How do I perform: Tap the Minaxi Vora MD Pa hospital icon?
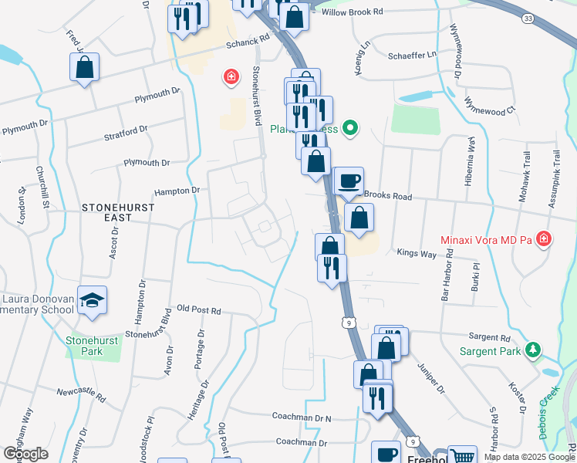click(x=545, y=239)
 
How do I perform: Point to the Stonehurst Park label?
click(x=95, y=344)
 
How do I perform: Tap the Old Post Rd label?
click(x=198, y=310)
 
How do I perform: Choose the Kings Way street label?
click(x=417, y=252)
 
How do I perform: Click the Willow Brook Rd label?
click(x=352, y=12)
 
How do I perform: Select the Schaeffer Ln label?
click(x=411, y=54)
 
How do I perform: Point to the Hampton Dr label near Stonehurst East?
click(x=177, y=190)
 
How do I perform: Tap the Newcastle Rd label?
click(x=81, y=394)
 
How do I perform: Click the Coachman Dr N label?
click(x=302, y=417)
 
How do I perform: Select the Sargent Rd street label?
click(x=489, y=338)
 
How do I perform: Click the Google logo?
click(x=25, y=454)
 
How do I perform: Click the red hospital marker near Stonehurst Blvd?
click(x=230, y=77)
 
